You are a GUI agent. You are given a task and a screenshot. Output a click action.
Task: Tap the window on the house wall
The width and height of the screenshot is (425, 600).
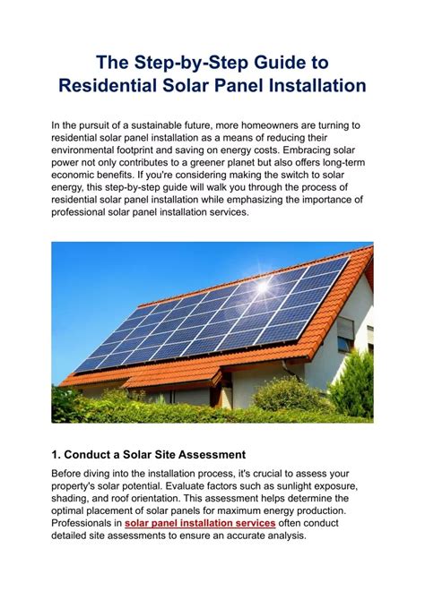click(x=345, y=333)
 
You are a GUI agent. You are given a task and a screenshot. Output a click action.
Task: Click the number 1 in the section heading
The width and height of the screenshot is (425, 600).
click(x=56, y=455)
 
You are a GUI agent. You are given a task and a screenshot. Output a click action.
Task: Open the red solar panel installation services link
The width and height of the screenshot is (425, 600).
click(x=199, y=523)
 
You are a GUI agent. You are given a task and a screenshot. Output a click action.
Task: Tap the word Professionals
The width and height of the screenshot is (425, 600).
click(x=85, y=523)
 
